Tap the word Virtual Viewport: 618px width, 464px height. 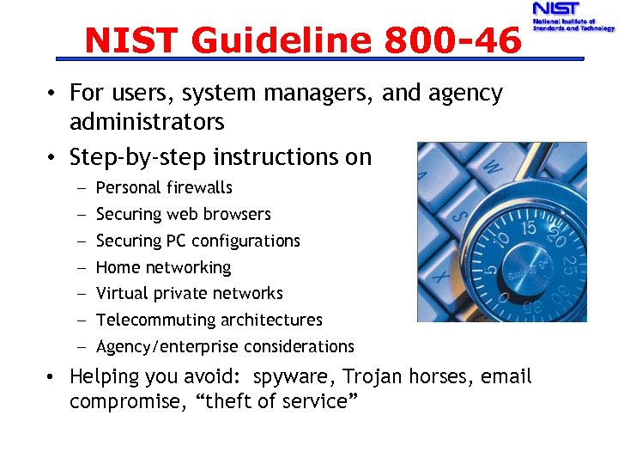pyautogui.click(x=121, y=293)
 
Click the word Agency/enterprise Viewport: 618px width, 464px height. pyautogui.click(x=168, y=346)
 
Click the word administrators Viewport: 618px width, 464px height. pyautogui.click(x=147, y=121)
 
